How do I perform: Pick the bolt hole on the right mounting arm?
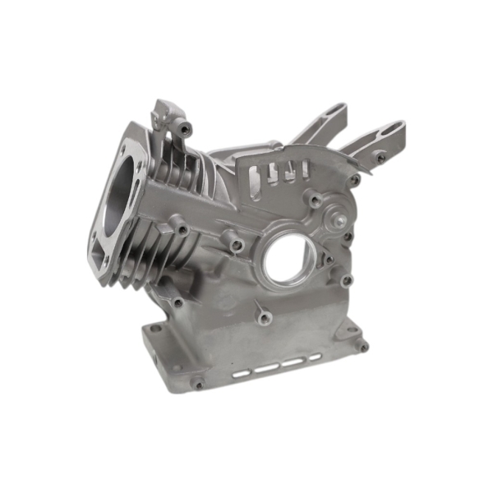[x=380, y=156]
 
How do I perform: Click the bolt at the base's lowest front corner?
[x=197, y=384]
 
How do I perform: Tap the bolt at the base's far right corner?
[x=362, y=347]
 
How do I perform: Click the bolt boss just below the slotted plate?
[x=314, y=199]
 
